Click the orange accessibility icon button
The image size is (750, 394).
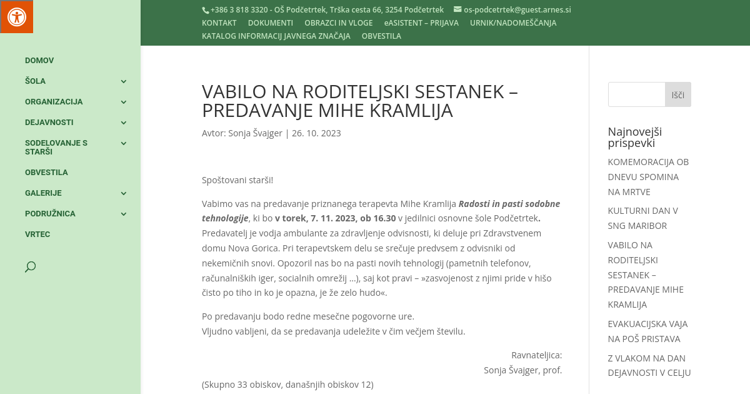tap(16, 16)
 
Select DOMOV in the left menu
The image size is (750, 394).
tap(39, 61)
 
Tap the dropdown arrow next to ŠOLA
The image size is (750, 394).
tap(124, 81)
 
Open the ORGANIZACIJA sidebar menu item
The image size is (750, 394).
tap(54, 102)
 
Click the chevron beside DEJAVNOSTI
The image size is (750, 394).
tap(124, 123)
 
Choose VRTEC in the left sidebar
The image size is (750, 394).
tap(37, 235)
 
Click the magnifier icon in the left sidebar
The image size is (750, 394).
tap(30, 267)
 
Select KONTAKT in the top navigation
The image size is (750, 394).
tap(219, 23)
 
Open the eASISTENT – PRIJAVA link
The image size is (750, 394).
tap(421, 23)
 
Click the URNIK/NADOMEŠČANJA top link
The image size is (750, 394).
tap(513, 23)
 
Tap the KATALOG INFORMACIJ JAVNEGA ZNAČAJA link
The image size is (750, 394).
tap(276, 36)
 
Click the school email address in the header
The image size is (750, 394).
tap(517, 10)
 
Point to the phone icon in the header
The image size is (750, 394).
tap(205, 10)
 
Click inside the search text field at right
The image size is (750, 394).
tap(636, 94)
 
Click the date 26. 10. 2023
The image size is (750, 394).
tap(316, 133)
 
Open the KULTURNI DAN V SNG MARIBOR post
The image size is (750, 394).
tap(642, 218)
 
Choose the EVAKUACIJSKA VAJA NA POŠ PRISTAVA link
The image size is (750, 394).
tap(647, 331)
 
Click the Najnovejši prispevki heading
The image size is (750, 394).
tap(634, 137)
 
